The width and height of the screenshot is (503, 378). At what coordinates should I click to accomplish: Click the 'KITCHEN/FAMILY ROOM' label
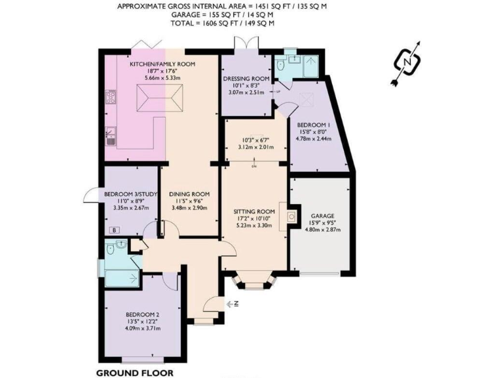[x=155, y=64]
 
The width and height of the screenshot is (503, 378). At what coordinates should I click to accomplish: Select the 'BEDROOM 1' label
[x=313, y=125]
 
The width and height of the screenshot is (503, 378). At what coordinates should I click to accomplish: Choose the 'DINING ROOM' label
[x=189, y=194]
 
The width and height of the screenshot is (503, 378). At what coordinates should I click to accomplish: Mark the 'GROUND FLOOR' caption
[x=135, y=372]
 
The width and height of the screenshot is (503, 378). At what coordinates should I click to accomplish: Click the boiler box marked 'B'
[x=114, y=230]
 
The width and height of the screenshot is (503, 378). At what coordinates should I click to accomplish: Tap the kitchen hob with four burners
[x=110, y=99]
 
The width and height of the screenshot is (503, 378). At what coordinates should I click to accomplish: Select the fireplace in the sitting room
[x=290, y=216]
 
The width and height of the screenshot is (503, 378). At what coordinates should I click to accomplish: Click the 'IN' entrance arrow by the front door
[x=233, y=303]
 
